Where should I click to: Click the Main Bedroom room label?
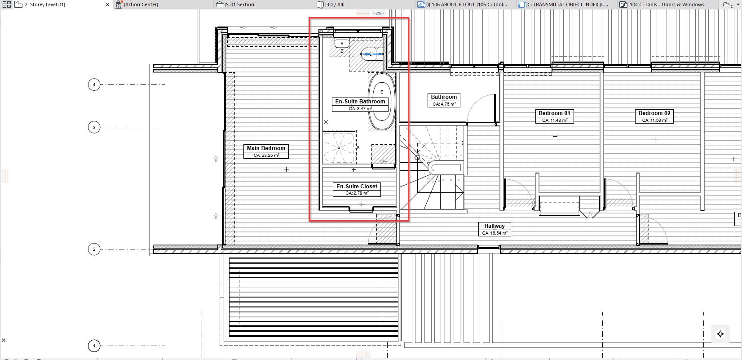click(266, 151)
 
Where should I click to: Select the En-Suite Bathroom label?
click(360, 105)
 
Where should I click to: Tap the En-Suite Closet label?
click(357, 189)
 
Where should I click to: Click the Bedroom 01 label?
click(555, 116)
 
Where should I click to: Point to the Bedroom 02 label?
click(654, 116)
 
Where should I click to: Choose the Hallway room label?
click(495, 229)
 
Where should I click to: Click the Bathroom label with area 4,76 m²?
click(444, 100)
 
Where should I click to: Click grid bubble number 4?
click(94, 84)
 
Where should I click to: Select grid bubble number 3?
click(94, 127)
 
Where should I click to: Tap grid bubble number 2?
click(94, 249)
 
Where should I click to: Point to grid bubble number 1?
click(94, 346)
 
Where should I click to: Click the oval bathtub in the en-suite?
click(382, 101)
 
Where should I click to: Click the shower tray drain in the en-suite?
click(339, 148)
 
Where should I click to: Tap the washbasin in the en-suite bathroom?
click(342, 43)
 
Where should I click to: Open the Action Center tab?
click(141, 4)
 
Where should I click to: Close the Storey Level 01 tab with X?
click(107, 4)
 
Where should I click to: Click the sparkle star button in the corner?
click(720, 334)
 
